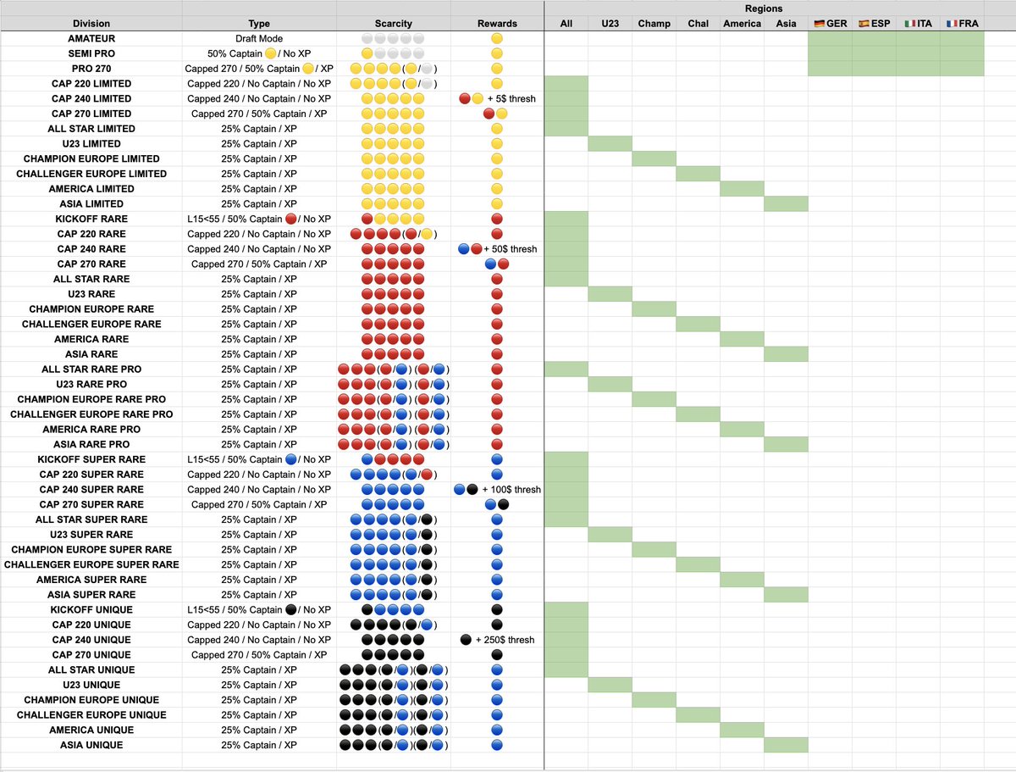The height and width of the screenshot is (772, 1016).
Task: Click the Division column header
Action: (x=91, y=24)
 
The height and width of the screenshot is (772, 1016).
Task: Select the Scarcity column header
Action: (x=393, y=24)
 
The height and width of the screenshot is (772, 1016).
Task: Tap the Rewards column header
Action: (x=497, y=24)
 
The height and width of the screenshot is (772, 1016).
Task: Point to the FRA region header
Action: (x=962, y=24)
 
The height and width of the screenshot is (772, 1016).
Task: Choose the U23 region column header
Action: (x=610, y=24)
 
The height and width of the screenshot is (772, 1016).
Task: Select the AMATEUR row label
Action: (x=91, y=39)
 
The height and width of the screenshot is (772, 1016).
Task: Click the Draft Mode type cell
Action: (x=259, y=39)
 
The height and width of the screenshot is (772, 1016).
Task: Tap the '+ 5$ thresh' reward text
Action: (x=511, y=99)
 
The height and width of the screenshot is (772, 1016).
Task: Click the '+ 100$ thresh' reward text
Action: (x=511, y=490)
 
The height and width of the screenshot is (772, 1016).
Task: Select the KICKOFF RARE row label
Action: (x=91, y=219)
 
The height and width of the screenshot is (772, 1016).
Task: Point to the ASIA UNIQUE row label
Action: (x=91, y=745)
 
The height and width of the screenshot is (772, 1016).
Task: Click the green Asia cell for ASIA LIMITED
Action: (x=786, y=204)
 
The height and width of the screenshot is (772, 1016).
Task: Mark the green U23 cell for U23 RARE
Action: (x=610, y=294)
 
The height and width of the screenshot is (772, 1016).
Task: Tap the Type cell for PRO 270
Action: (x=259, y=69)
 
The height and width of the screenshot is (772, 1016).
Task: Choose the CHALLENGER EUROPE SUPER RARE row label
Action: (x=91, y=564)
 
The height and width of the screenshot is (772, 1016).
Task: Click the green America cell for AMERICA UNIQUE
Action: (x=742, y=730)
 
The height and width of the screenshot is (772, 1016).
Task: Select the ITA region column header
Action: (x=918, y=24)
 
